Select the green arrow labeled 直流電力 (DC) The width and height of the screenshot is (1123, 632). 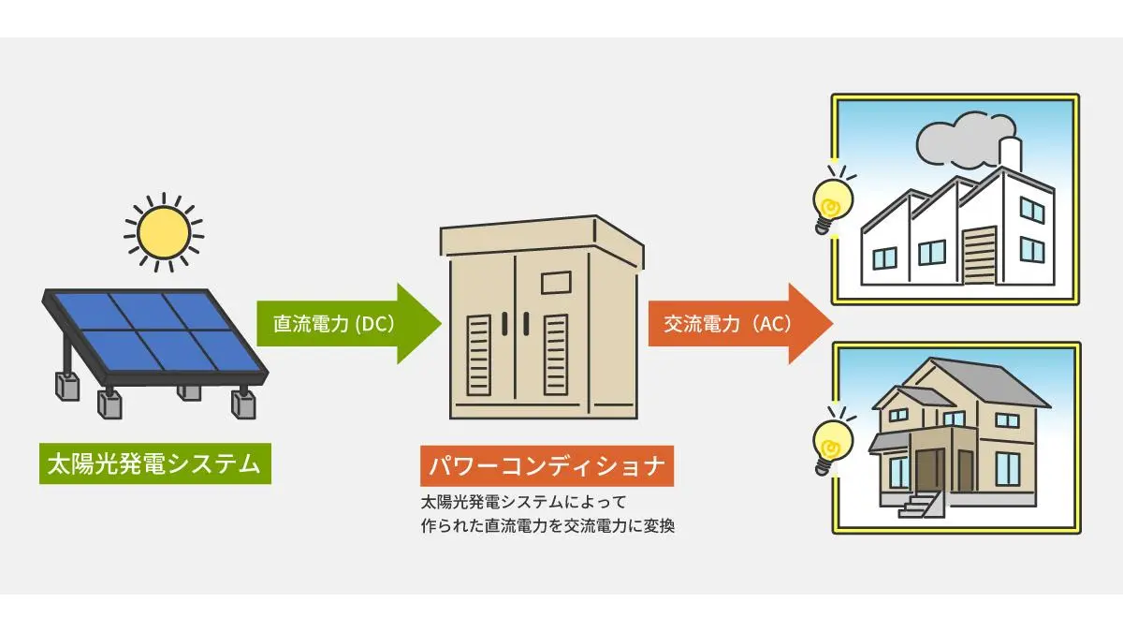pyautogui.click(x=346, y=324)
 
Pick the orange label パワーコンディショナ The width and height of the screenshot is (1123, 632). pyautogui.click(x=547, y=465)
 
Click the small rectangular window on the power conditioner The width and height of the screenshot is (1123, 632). pyautogui.click(x=555, y=282)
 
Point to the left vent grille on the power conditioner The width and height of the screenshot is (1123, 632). pyautogui.click(x=479, y=354)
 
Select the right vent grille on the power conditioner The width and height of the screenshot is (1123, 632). pyautogui.click(x=556, y=354)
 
